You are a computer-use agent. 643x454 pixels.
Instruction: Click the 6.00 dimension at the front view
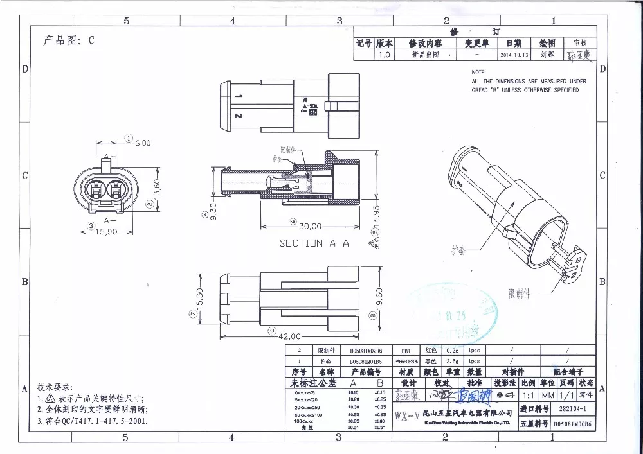142,143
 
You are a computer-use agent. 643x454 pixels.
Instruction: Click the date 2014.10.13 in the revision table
514,55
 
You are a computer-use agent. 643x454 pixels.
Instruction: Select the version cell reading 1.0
384,55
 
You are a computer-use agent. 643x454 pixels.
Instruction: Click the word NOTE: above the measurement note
478,73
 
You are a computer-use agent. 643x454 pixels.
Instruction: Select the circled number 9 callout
272,331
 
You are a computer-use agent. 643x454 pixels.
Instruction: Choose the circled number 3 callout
91,225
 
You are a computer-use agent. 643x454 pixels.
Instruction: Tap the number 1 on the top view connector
239,96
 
